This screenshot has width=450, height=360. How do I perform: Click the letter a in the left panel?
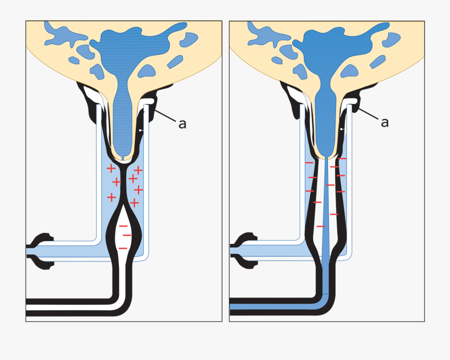182,123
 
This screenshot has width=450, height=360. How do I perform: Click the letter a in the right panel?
384,122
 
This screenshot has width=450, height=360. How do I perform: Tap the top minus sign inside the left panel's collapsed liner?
123,226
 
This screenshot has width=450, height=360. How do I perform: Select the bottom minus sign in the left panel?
122,248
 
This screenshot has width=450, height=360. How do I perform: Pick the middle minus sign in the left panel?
127,235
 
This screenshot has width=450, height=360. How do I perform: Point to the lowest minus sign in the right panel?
320,226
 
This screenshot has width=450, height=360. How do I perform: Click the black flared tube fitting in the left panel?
42,250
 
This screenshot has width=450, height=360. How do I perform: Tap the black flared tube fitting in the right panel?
245,250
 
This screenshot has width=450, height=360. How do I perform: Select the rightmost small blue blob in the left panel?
188,39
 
